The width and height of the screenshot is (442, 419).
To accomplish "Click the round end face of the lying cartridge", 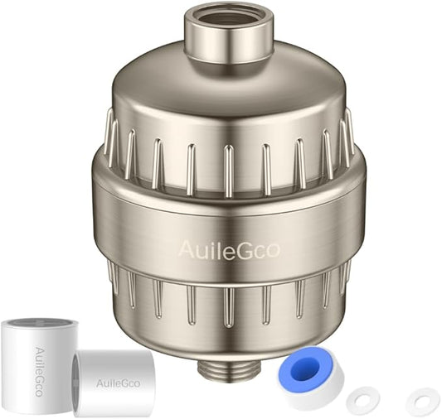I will (82, 383).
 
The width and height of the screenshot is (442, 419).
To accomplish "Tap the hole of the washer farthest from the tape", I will (423, 401).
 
